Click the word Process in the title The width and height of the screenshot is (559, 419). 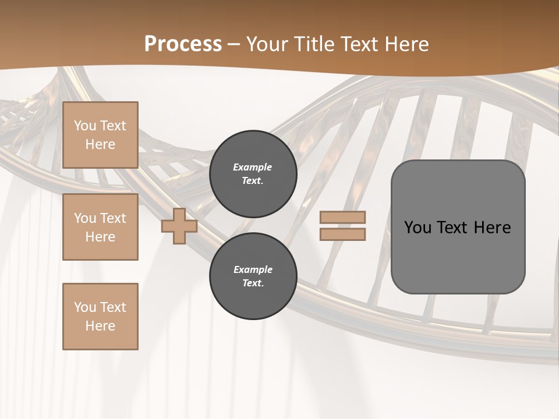tap(183, 44)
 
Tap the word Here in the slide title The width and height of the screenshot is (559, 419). tap(407, 44)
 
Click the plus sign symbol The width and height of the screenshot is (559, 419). tap(179, 226)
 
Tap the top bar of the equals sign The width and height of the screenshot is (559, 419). tap(342, 217)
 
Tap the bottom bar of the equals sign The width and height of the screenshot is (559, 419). tap(342, 234)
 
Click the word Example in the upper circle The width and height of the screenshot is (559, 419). tap(253, 167)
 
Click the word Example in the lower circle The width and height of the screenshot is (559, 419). tap(253, 269)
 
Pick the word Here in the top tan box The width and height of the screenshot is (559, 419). tap(100, 144)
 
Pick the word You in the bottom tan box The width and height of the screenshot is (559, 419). tap(85, 307)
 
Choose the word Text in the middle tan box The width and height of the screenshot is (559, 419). tap(112, 218)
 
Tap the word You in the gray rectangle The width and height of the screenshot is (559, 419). tap(418, 228)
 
